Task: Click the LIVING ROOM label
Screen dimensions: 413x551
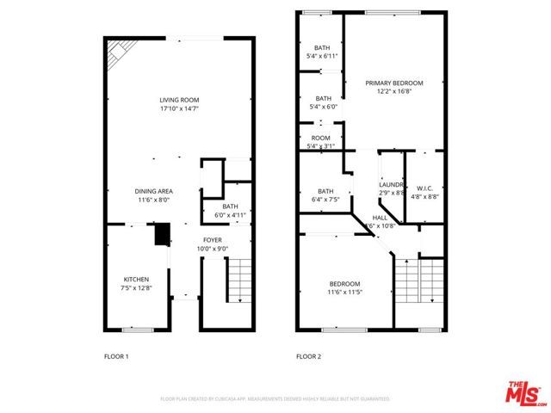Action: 180,101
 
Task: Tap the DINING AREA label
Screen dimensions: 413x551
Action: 153,191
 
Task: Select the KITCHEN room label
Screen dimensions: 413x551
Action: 136,280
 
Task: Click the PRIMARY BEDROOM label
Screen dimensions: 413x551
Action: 393,83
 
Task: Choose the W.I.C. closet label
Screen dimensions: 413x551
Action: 424,188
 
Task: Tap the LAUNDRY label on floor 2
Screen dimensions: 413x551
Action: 392,185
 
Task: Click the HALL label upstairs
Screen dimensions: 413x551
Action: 381,219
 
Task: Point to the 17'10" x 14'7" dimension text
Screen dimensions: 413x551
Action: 180,108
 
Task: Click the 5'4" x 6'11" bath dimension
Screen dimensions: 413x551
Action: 322,56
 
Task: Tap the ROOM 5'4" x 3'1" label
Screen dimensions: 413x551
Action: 321,138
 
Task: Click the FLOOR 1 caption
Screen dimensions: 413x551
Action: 115,355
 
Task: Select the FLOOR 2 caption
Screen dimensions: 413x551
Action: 308,355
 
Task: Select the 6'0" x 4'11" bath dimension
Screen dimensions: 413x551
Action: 231,214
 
